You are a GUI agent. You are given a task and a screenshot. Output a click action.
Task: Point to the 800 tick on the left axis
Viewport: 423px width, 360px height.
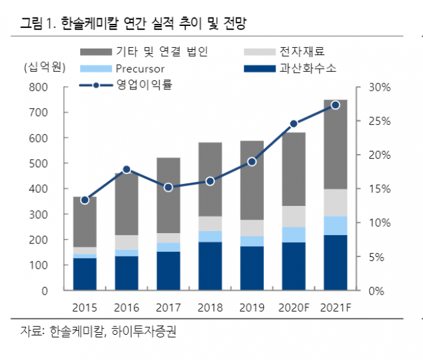click(39, 87)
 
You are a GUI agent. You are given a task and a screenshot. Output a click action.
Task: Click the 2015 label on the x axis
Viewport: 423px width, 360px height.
click(85, 307)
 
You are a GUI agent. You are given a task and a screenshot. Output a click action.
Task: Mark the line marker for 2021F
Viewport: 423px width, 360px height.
click(335, 105)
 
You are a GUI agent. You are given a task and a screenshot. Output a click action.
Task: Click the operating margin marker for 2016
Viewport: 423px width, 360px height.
click(127, 170)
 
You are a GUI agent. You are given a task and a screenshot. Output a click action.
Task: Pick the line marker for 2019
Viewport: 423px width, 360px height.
click(252, 161)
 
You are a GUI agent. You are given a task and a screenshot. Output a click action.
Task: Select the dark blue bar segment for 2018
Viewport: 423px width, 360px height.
click(210, 266)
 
